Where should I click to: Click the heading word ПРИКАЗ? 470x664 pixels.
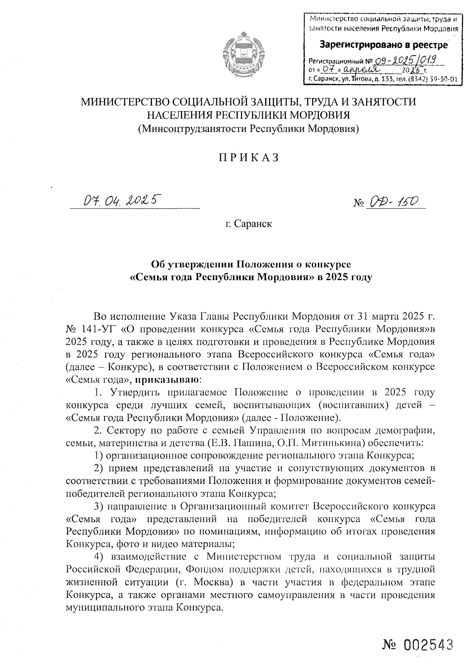[248, 157]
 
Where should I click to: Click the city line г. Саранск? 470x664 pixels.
[248, 224]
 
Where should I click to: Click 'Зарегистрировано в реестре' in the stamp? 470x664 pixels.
[384, 45]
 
